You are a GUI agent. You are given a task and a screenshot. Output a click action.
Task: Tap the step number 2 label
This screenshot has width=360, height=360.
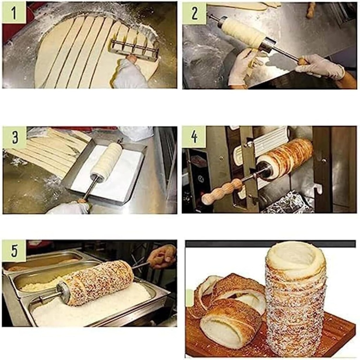click(x=194, y=13)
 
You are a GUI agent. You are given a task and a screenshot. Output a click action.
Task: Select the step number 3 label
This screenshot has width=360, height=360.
click(x=14, y=137)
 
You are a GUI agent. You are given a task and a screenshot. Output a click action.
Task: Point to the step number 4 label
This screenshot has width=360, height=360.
click(x=194, y=137)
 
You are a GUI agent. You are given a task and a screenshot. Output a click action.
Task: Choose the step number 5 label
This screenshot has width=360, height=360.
click(x=14, y=251)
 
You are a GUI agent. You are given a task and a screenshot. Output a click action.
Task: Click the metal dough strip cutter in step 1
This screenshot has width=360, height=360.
click(x=134, y=49)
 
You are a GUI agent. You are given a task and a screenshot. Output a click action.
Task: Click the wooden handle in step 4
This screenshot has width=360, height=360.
click(x=221, y=192)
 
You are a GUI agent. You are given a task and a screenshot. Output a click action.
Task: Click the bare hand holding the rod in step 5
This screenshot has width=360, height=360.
click(x=162, y=256)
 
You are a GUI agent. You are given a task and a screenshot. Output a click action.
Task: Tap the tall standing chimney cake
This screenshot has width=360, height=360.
click(x=295, y=306)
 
